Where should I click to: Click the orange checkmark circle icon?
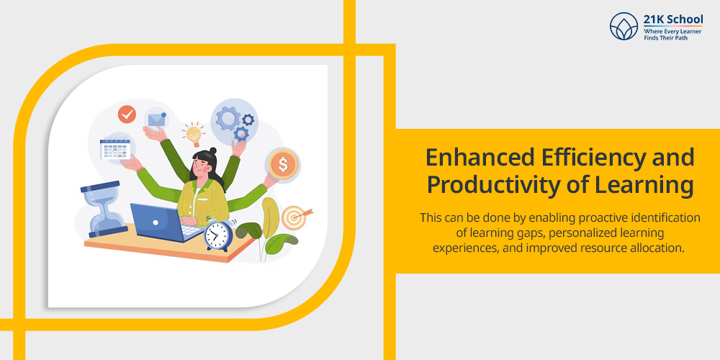(127, 114)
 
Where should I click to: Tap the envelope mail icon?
(156, 120)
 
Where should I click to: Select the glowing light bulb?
(193, 135)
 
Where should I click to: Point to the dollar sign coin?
(283, 164)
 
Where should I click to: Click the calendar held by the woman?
(115, 148)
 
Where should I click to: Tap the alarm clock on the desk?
(219, 235)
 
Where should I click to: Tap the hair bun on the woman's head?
(212, 150)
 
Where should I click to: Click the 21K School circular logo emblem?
(624, 26)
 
